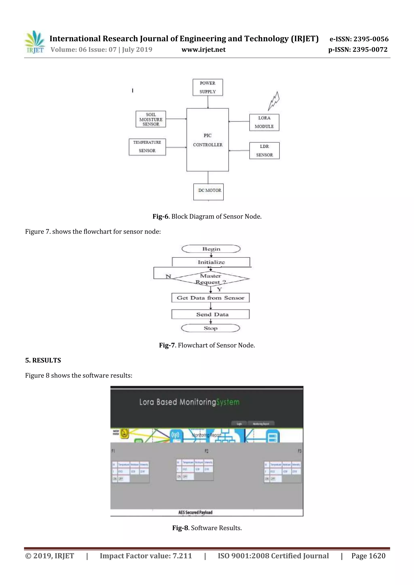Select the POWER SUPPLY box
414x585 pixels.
(x=208, y=87)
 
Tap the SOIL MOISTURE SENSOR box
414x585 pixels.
(x=151, y=119)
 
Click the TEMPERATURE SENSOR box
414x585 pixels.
(x=147, y=147)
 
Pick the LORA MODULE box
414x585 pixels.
(x=264, y=122)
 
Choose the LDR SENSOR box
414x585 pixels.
(x=264, y=151)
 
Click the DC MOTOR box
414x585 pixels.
(x=208, y=192)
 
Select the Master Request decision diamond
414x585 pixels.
(x=211, y=279)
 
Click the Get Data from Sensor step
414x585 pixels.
(x=210, y=298)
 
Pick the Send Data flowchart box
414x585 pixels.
(x=210, y=314)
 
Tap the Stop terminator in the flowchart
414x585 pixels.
(x=210, y=328)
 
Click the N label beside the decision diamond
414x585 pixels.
(x=168, y=276)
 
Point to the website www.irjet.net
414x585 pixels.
(x=203, y=50)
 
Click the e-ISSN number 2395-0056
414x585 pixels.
(x=371, y=39)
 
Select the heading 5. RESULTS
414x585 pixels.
(x=43, y=360)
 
